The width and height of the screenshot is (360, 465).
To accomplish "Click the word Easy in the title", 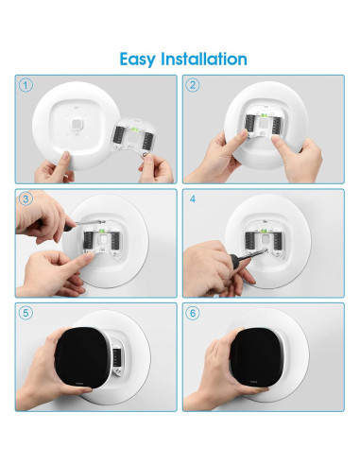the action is [138, 60].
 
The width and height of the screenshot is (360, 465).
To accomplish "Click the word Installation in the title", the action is [204, 59].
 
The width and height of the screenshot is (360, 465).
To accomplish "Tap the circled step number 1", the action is [26, 85].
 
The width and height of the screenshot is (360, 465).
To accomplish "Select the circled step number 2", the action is [193, 85].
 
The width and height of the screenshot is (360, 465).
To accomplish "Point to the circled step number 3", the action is [26, 198].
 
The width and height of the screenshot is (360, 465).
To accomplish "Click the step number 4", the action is [193, 199].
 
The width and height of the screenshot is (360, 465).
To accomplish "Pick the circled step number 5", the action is [26, 313].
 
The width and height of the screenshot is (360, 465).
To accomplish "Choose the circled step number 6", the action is [193, 313].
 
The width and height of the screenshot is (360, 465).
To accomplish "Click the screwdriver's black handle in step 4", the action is [235, 261].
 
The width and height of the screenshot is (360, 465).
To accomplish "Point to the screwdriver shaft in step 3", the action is [89, 222].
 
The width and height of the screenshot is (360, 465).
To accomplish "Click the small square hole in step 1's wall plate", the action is [76, 124].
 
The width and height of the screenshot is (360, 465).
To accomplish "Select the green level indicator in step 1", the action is [135, 129].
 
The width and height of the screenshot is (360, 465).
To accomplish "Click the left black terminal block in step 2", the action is [249, 123].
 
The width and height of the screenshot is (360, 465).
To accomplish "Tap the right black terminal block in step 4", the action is [278, 241].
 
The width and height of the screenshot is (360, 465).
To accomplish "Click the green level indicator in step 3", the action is [102, 231].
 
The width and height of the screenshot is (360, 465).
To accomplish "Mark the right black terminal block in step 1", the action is [147, 141].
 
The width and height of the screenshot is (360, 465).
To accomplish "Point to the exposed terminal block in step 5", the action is [117, 357].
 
